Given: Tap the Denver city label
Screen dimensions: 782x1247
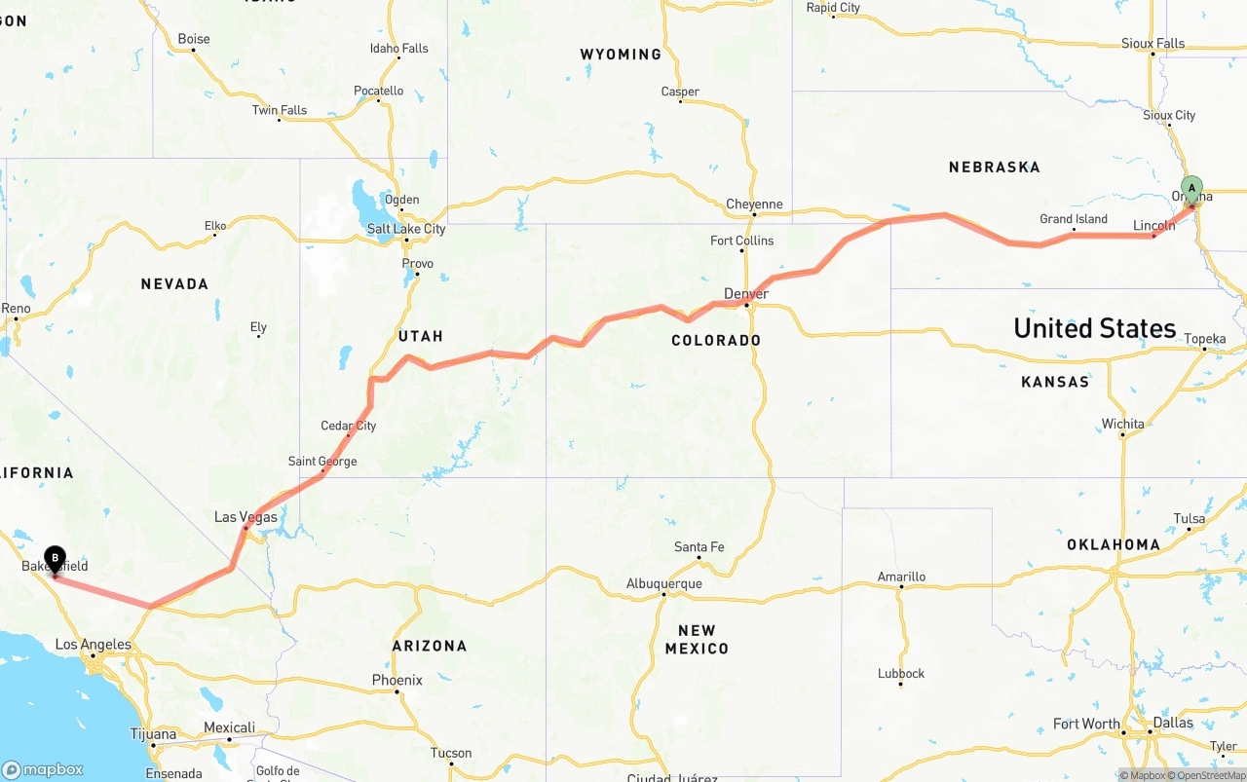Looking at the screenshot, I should (746, 293).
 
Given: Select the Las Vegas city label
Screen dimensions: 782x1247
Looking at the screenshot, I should (246, 517).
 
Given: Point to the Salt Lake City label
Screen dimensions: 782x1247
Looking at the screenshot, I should (406, 229).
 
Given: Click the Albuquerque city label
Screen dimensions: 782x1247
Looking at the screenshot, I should (663, 583).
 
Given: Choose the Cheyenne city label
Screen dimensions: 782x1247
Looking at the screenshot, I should (754, 205).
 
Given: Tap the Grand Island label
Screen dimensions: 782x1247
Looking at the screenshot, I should (1074, 219).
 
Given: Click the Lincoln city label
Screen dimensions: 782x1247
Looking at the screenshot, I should (1153, 226).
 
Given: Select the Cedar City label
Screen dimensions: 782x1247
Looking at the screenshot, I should (348, 426).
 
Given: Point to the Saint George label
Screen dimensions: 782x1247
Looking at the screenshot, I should (322, 462).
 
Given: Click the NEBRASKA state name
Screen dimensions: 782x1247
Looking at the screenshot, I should (994, 168).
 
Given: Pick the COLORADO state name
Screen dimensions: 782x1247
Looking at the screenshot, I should (716, 340).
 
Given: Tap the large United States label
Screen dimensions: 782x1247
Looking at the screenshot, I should (1094, 328).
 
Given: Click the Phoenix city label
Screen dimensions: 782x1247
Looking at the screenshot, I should (397, 680).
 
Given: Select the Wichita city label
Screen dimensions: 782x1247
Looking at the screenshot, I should (1122, 424).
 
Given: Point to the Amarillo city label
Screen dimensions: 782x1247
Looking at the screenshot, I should (901, 577).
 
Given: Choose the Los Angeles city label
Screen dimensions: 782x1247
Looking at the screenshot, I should (93, 644).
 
